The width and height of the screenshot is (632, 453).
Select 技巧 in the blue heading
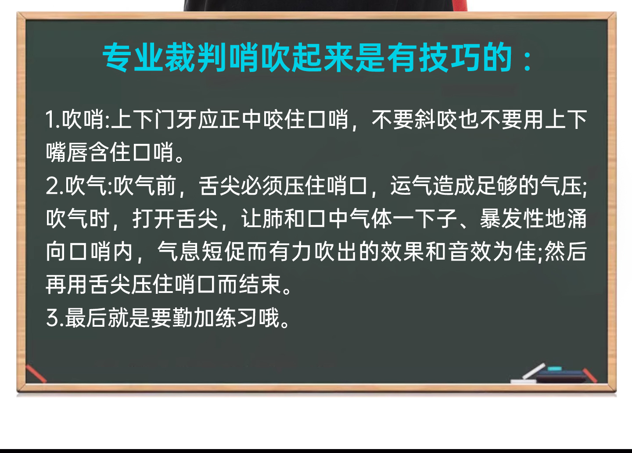449,57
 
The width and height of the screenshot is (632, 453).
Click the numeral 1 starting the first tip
51,120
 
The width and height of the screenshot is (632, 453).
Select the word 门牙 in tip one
176,120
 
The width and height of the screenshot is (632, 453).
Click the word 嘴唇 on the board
67,152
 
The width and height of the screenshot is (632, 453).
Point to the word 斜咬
436,120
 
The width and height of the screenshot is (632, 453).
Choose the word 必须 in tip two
251,186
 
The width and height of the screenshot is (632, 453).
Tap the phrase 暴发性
512,219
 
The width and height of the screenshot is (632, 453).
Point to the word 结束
260,285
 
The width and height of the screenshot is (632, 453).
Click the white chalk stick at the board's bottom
533,371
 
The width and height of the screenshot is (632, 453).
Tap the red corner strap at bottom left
36,374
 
